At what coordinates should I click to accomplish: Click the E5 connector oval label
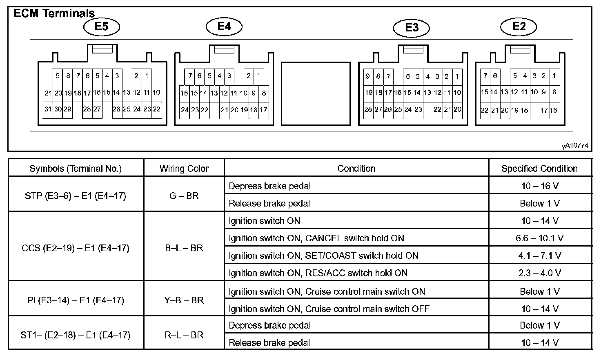pos(101,27)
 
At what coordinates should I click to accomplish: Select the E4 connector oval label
pos(224,27)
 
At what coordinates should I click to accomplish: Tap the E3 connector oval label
pos(412,28)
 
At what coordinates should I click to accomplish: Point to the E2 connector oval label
pos(519,27)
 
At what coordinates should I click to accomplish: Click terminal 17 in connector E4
pos(263,110)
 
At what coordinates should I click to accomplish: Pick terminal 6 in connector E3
pos(407,76)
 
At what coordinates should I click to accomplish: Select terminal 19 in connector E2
pos(514,110)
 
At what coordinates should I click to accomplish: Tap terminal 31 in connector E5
pos(48,109)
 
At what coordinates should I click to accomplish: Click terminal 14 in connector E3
pos(417,93)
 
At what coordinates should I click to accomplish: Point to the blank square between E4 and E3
pos(316,93)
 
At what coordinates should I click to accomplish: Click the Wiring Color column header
pos(184,169)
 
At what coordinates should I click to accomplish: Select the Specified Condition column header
pos(539,169)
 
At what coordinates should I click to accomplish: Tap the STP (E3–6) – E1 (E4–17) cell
pos(76,196)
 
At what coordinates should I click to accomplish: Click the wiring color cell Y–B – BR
pos(184,300)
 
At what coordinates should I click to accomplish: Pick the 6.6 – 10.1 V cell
pos(539,238)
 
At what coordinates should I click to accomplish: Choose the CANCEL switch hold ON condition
pos(316,238)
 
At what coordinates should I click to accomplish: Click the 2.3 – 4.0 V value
pos(539,273)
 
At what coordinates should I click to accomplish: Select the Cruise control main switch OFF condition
pos(329,309)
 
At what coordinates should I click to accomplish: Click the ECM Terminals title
pos(54,13)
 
